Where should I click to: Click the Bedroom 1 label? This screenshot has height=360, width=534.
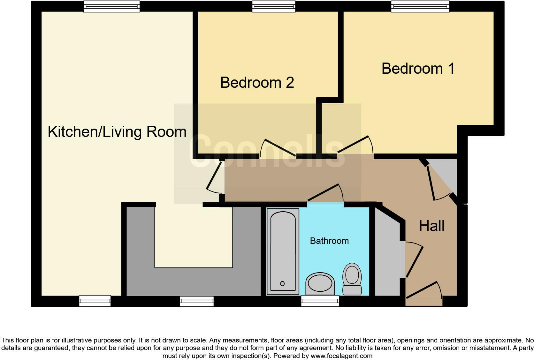tap(418, 69)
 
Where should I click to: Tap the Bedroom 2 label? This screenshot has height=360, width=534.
tap(257, 83)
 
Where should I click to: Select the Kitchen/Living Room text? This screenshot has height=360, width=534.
tap(117, 132)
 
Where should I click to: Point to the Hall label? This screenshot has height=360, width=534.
tap(431, 226)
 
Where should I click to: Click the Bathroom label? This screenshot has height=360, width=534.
tap(329, 241)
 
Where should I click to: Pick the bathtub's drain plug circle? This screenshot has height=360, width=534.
tap(282, 283)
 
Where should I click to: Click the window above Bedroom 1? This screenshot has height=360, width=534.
tap(420, 6)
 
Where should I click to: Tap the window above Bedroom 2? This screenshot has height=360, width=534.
tap(273, 6)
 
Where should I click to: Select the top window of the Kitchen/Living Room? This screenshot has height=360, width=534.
tap(111, 6)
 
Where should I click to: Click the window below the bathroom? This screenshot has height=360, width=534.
tap(320, 301)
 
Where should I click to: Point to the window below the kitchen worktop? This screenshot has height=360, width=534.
tap(197, 301)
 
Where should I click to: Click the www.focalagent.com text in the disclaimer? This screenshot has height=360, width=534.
tap(341, 356)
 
